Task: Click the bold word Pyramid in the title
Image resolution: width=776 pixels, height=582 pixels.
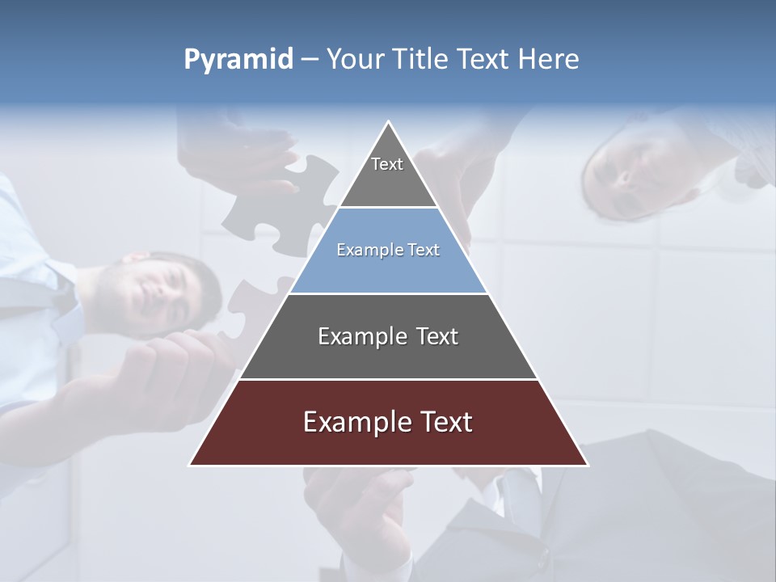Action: [238, 60]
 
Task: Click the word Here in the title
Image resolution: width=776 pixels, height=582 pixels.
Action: [548, 60]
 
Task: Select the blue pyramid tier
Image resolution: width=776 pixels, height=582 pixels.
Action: [388, 259]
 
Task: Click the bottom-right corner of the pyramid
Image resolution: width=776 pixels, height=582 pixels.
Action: [587, 465]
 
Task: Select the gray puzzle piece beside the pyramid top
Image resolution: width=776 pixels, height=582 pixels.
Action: [283, 206]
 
